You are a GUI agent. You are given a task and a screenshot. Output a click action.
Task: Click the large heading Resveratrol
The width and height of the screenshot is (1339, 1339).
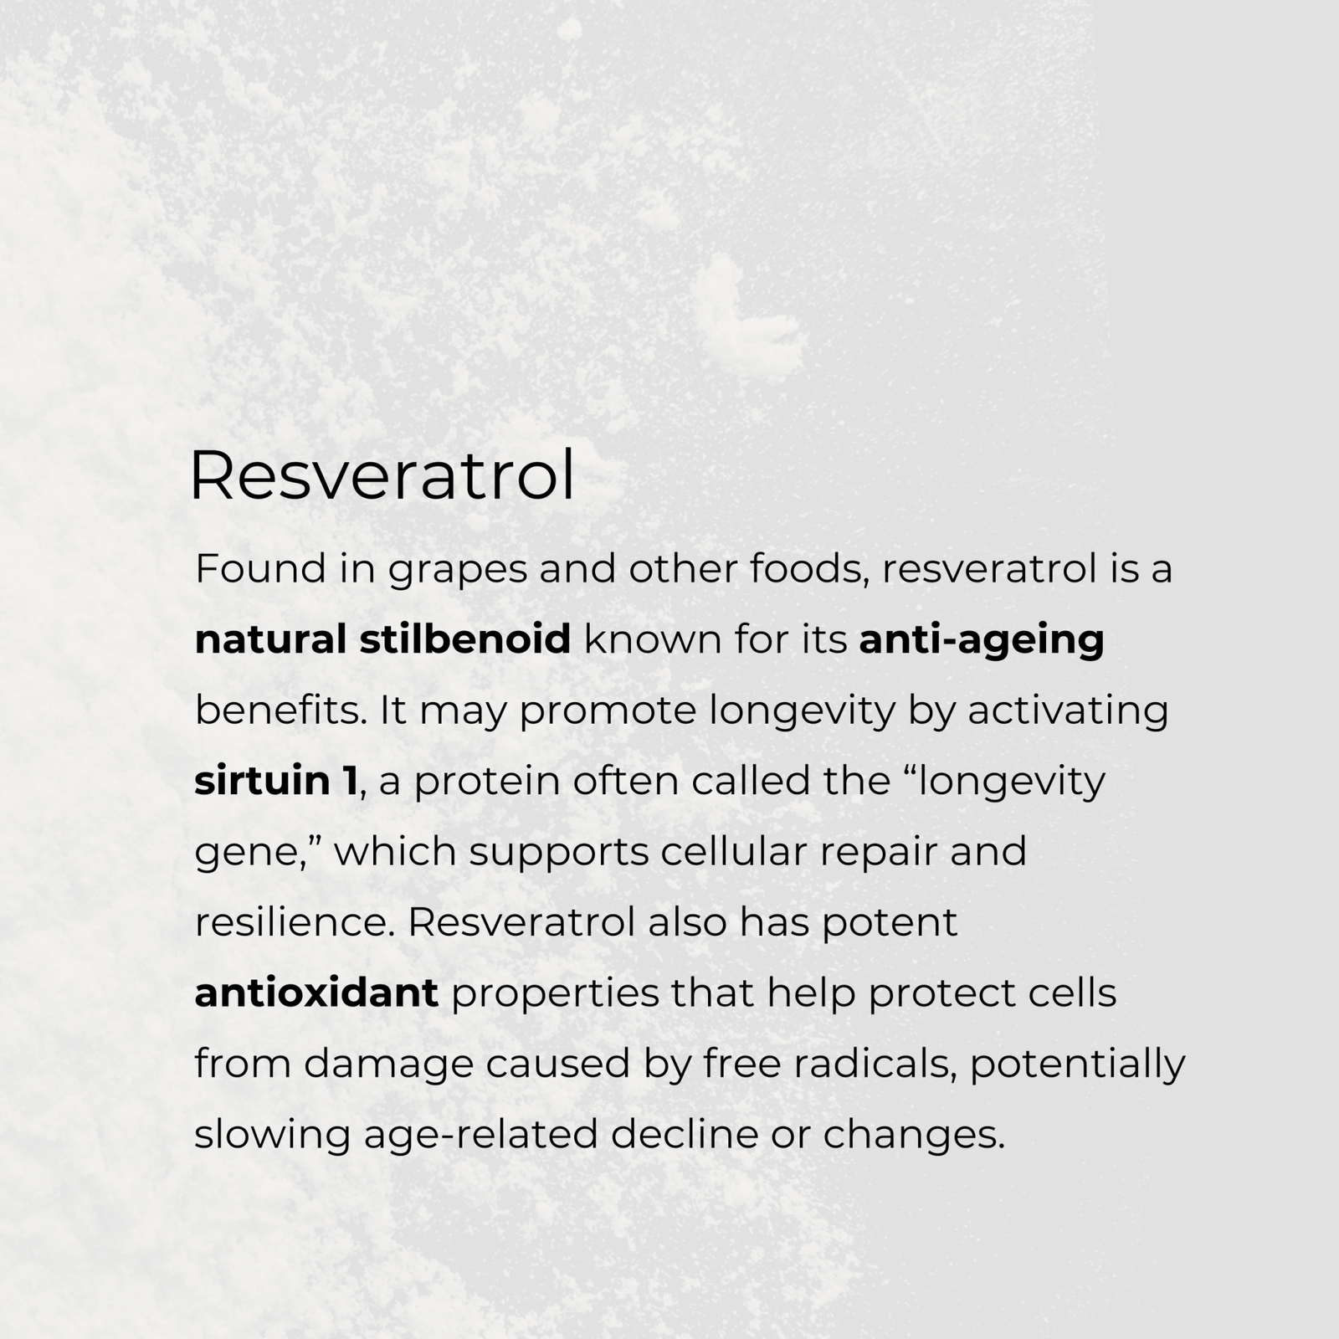382,476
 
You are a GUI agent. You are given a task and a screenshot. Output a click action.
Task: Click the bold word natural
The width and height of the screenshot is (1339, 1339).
270,639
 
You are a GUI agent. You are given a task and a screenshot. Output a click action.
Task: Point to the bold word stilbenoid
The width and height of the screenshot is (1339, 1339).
465,639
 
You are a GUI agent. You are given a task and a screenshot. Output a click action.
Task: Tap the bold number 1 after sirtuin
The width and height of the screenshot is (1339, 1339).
349,781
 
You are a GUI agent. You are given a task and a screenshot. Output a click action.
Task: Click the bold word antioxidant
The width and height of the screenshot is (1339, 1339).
316,993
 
